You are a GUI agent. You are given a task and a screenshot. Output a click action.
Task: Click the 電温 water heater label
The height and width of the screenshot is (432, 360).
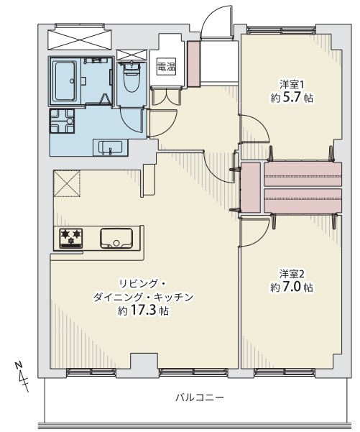(167, 66)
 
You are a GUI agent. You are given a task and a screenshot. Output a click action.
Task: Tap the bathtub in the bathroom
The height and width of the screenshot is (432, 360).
(65, 81)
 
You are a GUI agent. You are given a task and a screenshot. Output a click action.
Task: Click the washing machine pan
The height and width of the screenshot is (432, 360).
(62, 121)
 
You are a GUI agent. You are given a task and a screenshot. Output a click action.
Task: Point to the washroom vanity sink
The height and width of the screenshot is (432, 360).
(111, 148)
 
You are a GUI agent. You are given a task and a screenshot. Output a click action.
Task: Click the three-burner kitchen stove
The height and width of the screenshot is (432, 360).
(71, 238)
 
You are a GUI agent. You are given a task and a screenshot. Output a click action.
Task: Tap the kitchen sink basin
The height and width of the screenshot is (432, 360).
(116, 238)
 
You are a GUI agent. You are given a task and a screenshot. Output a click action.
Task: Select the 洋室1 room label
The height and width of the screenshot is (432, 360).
(292, 84)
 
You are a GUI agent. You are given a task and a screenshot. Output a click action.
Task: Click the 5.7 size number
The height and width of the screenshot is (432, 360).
(291, 98)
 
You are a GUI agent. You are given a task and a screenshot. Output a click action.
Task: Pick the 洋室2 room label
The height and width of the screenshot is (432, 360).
(292, 274)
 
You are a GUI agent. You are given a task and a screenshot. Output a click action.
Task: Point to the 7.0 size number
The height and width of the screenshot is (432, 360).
(291, 288)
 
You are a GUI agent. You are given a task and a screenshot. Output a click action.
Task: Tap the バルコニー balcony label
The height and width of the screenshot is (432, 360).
(200, 397)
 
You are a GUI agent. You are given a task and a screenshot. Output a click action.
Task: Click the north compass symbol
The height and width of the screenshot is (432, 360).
(22, 377)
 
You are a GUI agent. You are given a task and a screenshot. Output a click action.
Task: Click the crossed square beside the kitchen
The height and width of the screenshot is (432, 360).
(67, 183)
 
